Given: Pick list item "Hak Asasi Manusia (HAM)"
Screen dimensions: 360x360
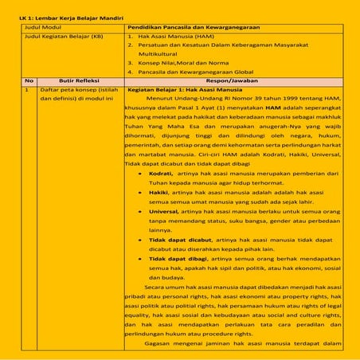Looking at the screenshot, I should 176,37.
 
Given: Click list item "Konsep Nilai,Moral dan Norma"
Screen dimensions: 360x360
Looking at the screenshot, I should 186,62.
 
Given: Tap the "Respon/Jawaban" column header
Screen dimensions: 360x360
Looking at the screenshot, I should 233,81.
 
